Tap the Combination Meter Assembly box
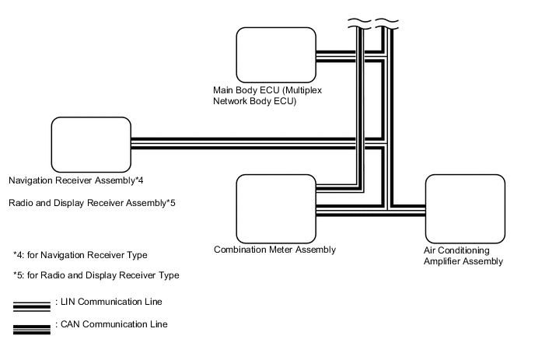[275, 208]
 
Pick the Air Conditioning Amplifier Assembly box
[464, 211]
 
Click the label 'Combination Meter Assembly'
[274, 250]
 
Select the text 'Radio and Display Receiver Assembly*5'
[92, 203]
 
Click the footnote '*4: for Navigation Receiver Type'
[80, 255]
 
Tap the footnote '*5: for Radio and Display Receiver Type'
[96, 275]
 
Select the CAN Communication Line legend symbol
[32, 327]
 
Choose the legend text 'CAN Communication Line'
[114, 324]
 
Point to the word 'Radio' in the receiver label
[21, 203]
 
